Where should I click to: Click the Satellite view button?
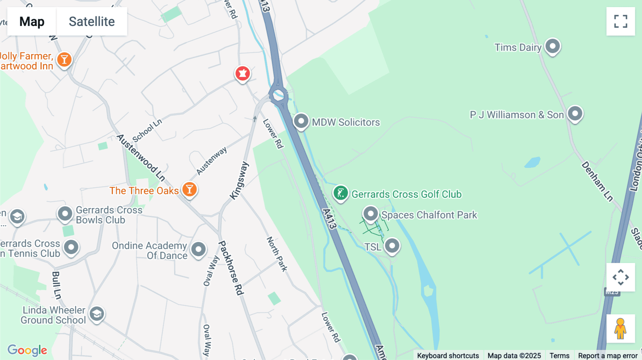[92, 21]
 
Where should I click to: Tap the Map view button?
[32, 21]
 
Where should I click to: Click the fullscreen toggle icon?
[621, 21]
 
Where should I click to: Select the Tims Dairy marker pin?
[552, 46]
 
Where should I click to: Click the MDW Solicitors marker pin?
[301, 122]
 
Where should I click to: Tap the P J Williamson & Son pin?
[575, 114]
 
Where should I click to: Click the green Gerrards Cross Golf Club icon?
[341, 194]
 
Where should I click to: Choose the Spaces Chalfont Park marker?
[371, 214]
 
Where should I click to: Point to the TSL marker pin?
[392, 246]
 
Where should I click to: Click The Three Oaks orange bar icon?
[189, 189]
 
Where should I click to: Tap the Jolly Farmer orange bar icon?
[64, 60]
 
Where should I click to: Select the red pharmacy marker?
[243, 74]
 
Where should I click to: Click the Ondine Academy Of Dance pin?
[198, 249]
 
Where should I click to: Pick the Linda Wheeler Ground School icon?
[97, 314]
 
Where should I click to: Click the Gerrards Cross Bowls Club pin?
[65, 214]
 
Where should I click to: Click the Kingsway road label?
[239, 180]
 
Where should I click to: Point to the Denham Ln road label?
[597, 181]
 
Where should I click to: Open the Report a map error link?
[607, 355]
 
